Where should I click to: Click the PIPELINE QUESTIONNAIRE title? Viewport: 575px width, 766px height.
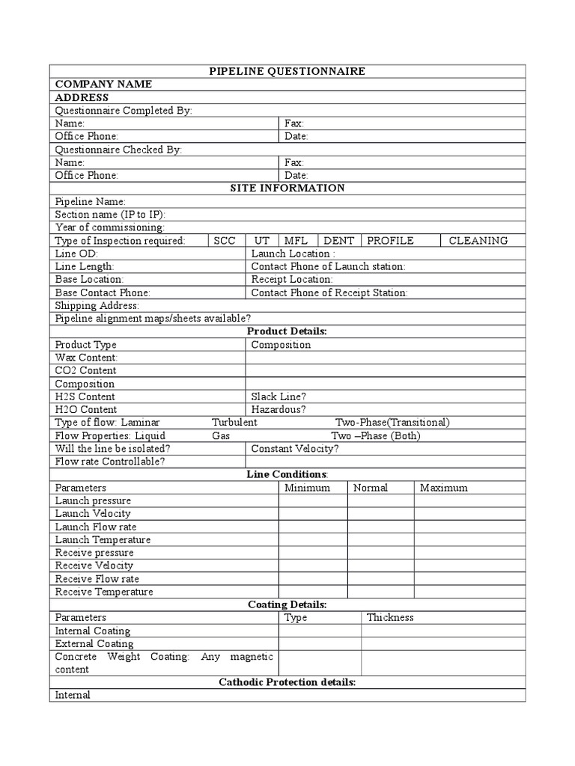287,71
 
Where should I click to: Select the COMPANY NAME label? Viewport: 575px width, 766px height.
103,85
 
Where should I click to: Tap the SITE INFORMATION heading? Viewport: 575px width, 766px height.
287,189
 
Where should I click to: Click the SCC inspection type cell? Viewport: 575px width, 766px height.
225,241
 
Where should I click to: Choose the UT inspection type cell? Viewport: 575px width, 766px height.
262,241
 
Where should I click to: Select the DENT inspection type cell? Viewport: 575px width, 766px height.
339,241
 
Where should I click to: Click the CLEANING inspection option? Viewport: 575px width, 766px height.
478,241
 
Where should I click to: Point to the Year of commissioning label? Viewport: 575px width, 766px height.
111,227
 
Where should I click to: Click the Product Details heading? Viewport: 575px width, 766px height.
287,331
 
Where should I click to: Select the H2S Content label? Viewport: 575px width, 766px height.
85,396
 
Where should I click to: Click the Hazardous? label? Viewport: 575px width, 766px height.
279,410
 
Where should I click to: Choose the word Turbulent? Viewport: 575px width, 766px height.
234,423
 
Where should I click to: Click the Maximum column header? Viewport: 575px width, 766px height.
444,488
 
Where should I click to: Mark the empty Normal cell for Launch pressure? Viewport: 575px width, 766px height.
380,500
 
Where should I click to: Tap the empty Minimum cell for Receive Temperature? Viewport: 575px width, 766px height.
313,592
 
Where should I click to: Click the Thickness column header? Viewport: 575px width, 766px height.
389,618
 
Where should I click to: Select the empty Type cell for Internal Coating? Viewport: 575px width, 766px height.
320,631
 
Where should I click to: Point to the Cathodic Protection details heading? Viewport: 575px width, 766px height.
287,683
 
